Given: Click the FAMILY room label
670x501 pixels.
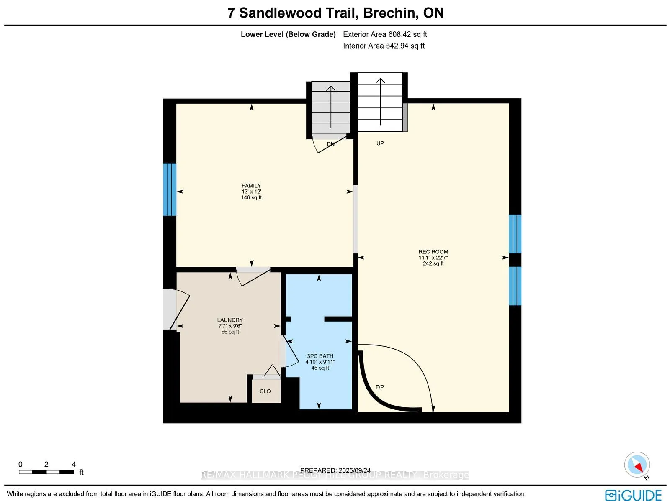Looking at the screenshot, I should coord(251,186).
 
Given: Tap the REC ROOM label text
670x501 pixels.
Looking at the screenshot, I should coord(433,252).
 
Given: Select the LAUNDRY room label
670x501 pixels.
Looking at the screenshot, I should coord(230,320).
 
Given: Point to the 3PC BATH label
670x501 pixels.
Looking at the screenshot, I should coord(320,356).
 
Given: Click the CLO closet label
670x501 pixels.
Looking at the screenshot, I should coord(265,391).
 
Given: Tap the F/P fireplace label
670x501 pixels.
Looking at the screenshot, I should coord(379,387).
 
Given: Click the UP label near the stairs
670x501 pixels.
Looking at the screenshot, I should coord(380,143).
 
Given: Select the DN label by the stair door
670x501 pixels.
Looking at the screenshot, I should coord(330,144).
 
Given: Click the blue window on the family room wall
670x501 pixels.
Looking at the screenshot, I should coord(170,189).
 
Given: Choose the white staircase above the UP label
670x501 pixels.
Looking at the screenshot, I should coord(380,102).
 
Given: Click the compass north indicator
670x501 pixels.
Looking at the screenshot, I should coord(637,465).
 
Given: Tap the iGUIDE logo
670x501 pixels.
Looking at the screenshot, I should coord(633,495).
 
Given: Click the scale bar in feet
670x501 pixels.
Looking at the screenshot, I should coord(46,472).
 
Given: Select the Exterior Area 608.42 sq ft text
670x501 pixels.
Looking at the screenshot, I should coord(385,34).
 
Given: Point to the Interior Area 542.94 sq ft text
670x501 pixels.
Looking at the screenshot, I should coord(384,46).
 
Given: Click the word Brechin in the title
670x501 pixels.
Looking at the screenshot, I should coord(390,13).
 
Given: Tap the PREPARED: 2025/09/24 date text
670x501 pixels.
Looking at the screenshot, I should coord(335,470).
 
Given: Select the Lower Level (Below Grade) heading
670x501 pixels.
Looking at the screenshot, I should coord(288,34).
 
